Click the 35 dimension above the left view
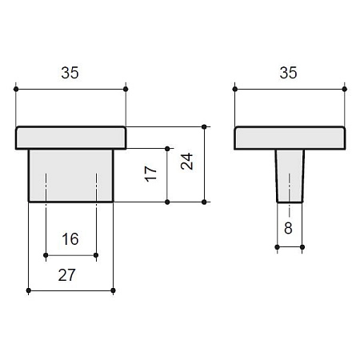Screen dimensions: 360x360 (x=70, y=73)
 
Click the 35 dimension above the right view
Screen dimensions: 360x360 (x=288, y=73)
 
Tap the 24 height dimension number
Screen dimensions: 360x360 (x=187, y=162)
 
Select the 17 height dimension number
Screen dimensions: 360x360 (x=150, y=174)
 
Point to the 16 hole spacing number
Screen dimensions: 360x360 (x=70, y=239)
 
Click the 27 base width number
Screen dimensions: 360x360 (x=67, y=275)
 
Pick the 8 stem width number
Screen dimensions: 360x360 (x=288, y=228)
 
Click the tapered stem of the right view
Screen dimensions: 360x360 (x=290, y=176)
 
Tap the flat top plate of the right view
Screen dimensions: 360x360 (x=290, y=138)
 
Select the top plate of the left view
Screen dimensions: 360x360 (x=70, y=138)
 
